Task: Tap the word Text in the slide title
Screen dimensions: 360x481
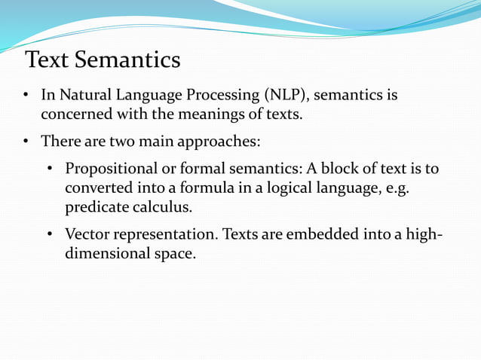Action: [x=49, y=59]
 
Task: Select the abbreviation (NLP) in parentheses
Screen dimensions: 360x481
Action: [x=286, y=96]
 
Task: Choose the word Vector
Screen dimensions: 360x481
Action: [x=87, y=235]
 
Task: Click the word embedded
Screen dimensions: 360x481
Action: [x=332, y=235]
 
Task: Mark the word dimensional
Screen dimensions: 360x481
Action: [x=102, y=255]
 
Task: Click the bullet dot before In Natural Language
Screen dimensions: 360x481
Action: [x=25, y=96]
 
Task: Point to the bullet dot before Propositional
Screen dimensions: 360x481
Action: [x=50, y=168]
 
